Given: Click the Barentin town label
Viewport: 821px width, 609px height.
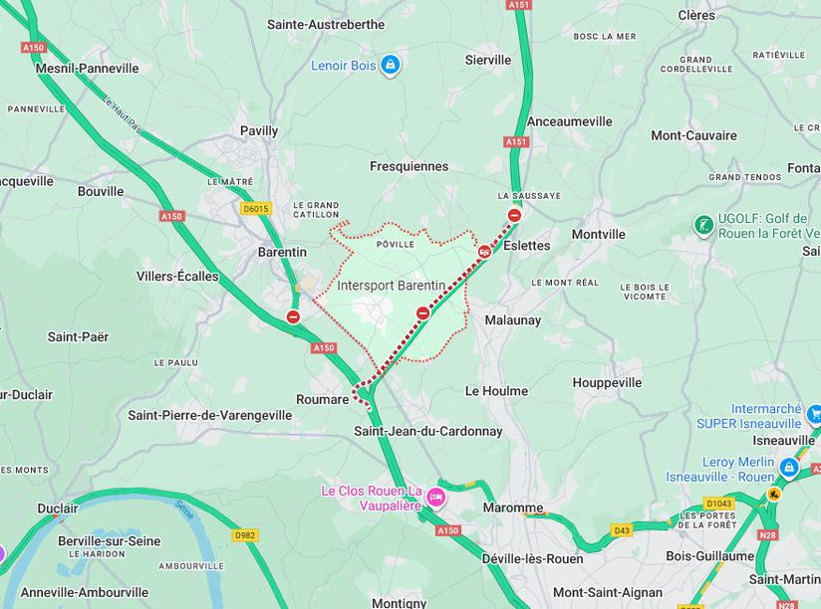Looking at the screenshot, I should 282,252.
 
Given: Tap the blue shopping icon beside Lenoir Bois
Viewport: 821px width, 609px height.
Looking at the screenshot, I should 390,65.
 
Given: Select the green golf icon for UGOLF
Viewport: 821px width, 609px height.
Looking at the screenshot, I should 703,225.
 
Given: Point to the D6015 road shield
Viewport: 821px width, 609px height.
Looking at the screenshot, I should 256,209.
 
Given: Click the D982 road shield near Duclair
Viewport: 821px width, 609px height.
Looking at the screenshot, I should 245,535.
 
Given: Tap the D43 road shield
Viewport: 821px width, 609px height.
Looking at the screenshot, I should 623,529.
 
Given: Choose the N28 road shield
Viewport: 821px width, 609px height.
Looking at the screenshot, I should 767,535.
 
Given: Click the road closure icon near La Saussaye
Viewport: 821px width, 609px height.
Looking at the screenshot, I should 514,215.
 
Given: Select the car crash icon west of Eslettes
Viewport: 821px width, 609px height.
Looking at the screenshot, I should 484,252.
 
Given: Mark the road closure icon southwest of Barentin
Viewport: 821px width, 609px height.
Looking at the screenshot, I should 293,316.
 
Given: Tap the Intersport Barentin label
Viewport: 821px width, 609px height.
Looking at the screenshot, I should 391,286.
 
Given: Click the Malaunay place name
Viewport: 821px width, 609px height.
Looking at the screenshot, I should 512,320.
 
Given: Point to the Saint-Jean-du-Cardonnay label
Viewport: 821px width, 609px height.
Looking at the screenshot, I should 428,431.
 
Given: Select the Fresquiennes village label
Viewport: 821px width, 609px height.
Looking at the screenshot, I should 409,166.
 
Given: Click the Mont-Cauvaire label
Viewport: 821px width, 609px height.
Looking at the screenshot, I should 693,135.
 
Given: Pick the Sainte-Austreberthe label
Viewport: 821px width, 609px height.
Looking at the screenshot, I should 325,24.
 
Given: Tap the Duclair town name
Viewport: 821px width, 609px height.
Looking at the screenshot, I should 57,508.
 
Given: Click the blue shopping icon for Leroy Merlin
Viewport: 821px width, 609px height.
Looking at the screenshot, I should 789,466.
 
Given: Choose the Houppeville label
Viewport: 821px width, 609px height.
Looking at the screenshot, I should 607,382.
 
